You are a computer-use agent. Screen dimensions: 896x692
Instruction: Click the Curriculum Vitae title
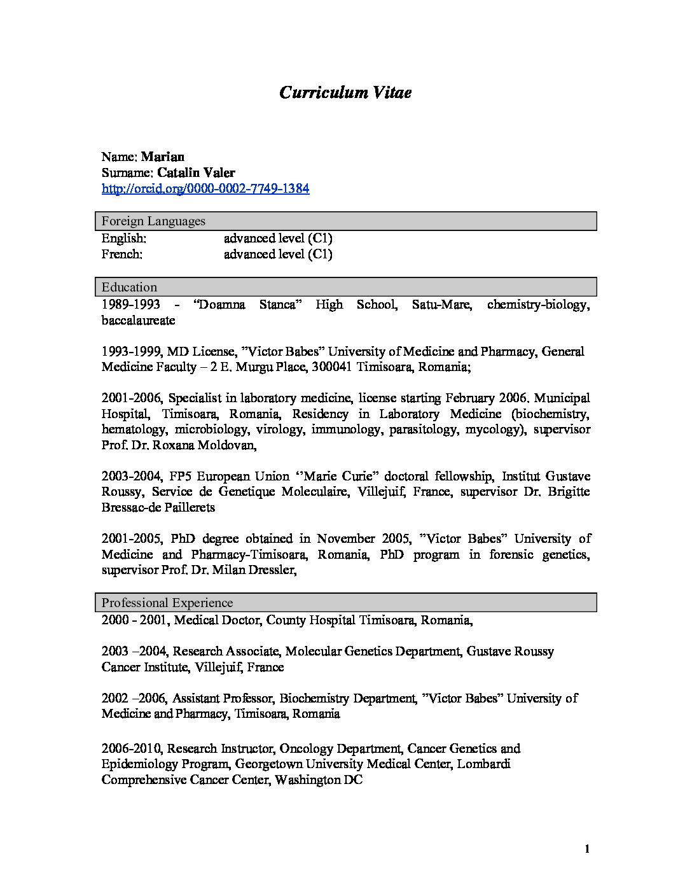345,93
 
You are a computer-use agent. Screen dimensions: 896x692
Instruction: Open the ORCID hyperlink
205,189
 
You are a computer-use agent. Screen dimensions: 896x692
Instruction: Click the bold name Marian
162,157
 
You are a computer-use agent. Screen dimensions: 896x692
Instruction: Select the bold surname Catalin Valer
196,172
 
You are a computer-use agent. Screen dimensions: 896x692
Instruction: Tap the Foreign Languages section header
153,221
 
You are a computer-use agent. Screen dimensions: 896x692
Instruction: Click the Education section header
129,287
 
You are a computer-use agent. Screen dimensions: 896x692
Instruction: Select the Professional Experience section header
167,603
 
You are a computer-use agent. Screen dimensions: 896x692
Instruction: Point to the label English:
123,238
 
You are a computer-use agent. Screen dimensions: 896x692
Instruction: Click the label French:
121,254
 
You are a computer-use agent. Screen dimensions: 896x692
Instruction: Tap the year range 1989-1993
130,305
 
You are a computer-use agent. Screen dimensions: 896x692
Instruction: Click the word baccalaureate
138,320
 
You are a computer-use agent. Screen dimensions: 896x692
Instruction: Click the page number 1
587,849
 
